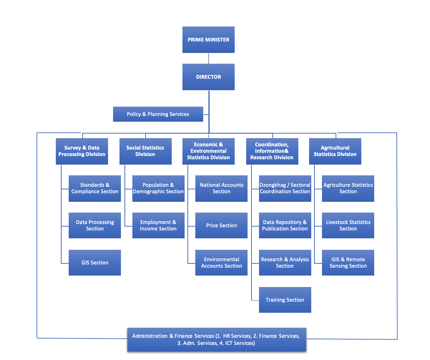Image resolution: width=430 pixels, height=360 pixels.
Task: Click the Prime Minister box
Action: click(x=208, y=40)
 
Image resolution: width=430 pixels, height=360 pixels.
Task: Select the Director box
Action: click(x=208, y=77)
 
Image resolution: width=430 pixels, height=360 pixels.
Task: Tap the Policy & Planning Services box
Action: click(x=158, y=114)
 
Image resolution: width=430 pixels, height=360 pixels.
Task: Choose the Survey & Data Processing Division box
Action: click(x=82, y=151)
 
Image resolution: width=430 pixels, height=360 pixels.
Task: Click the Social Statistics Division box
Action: click(x=145, y=151)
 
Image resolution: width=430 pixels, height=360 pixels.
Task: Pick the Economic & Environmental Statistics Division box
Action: click(x=208, y=151)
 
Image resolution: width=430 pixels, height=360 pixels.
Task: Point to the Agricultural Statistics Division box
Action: click(x=335, y=151)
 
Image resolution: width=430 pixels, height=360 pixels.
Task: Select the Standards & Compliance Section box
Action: click(x=94, y=188)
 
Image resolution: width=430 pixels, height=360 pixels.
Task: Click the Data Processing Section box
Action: click(x=94, y=225)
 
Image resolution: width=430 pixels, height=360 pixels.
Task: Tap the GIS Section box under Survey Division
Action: click(x=94, y=263)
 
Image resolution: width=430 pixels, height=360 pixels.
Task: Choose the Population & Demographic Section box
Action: click(x=158, y=188)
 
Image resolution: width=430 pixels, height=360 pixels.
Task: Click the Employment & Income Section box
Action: click(x=158, y=225)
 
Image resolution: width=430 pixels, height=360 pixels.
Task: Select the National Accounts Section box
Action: click(x=221, y=188)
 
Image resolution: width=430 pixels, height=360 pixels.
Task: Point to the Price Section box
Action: click(x=221, y=225)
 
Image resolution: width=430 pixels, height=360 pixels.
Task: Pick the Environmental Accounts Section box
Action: click(x=221, y=263)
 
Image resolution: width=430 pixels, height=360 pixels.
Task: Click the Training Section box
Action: click(x=285, y=300)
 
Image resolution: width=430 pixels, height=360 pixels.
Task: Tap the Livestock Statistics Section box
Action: click(x=348, y=225)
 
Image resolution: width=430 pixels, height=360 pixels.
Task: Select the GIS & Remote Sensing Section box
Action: click(x=348, y=263)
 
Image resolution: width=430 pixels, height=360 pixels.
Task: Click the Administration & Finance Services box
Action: click(x=216, y=339)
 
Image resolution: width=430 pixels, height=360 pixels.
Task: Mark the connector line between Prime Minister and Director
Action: click(x=209, y=58)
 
